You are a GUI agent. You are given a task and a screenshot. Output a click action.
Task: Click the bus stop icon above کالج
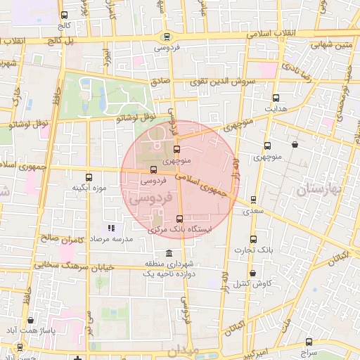click(65, 15)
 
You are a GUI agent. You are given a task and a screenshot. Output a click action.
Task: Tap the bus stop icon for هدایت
click(275, 98)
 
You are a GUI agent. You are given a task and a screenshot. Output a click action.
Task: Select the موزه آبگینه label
click(89, 188)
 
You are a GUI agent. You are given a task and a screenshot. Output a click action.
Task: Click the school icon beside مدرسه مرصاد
click(110, 228)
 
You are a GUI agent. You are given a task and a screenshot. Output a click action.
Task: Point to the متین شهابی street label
click(331, 45)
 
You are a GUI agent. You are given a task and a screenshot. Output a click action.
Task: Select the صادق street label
click(160, 81)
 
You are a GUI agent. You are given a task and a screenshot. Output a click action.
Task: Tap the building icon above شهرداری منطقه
click(168, 253)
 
